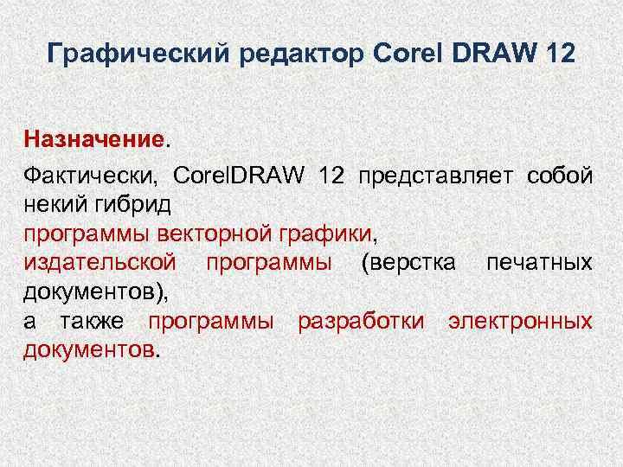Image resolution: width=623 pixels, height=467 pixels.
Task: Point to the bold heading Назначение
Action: coord(93,138)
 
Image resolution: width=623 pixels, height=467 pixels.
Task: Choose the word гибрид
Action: coord(138,205)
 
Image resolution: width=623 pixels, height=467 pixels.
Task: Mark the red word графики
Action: coord(332,233)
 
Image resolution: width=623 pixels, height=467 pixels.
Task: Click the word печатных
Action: coord(539,262)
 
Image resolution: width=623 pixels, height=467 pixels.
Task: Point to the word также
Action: coord(93,321)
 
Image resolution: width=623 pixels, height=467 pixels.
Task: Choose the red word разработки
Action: coord(361,321)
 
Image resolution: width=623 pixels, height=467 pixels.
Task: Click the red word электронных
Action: coord(520,321)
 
